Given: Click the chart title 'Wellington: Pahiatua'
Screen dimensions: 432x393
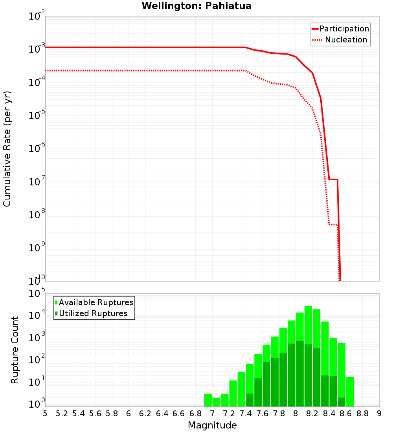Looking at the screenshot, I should (x=196, y=6).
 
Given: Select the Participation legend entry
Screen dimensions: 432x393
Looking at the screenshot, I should (x=340, y=29).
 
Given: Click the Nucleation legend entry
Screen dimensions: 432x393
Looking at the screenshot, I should (x=340, y=40).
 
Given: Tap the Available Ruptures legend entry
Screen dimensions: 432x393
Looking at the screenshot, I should (x=94, y=302).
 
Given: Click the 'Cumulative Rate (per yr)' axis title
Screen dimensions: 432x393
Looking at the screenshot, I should (x=7, y=149).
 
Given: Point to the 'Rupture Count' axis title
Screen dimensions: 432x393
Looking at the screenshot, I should (x=15, y=350).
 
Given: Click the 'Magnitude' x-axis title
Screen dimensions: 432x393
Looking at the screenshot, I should (x=212, y=425).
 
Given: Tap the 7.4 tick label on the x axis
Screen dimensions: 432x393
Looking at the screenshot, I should (x=246, y=414).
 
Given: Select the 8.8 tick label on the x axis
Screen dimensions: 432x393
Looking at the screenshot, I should (x=362, y=414).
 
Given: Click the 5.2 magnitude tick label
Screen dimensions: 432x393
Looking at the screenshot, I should (x=62, y=414).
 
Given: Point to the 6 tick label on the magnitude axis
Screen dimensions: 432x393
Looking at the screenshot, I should (x=129, y=414).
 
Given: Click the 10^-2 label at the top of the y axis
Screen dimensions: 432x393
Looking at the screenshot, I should (x=37, y=17).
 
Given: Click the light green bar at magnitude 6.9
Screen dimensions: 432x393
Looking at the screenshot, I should (x=208, y=400).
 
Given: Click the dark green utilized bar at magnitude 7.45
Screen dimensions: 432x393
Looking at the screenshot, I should (x=250, y=400).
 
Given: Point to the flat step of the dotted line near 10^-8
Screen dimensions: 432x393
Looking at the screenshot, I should (x=333, y=225).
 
